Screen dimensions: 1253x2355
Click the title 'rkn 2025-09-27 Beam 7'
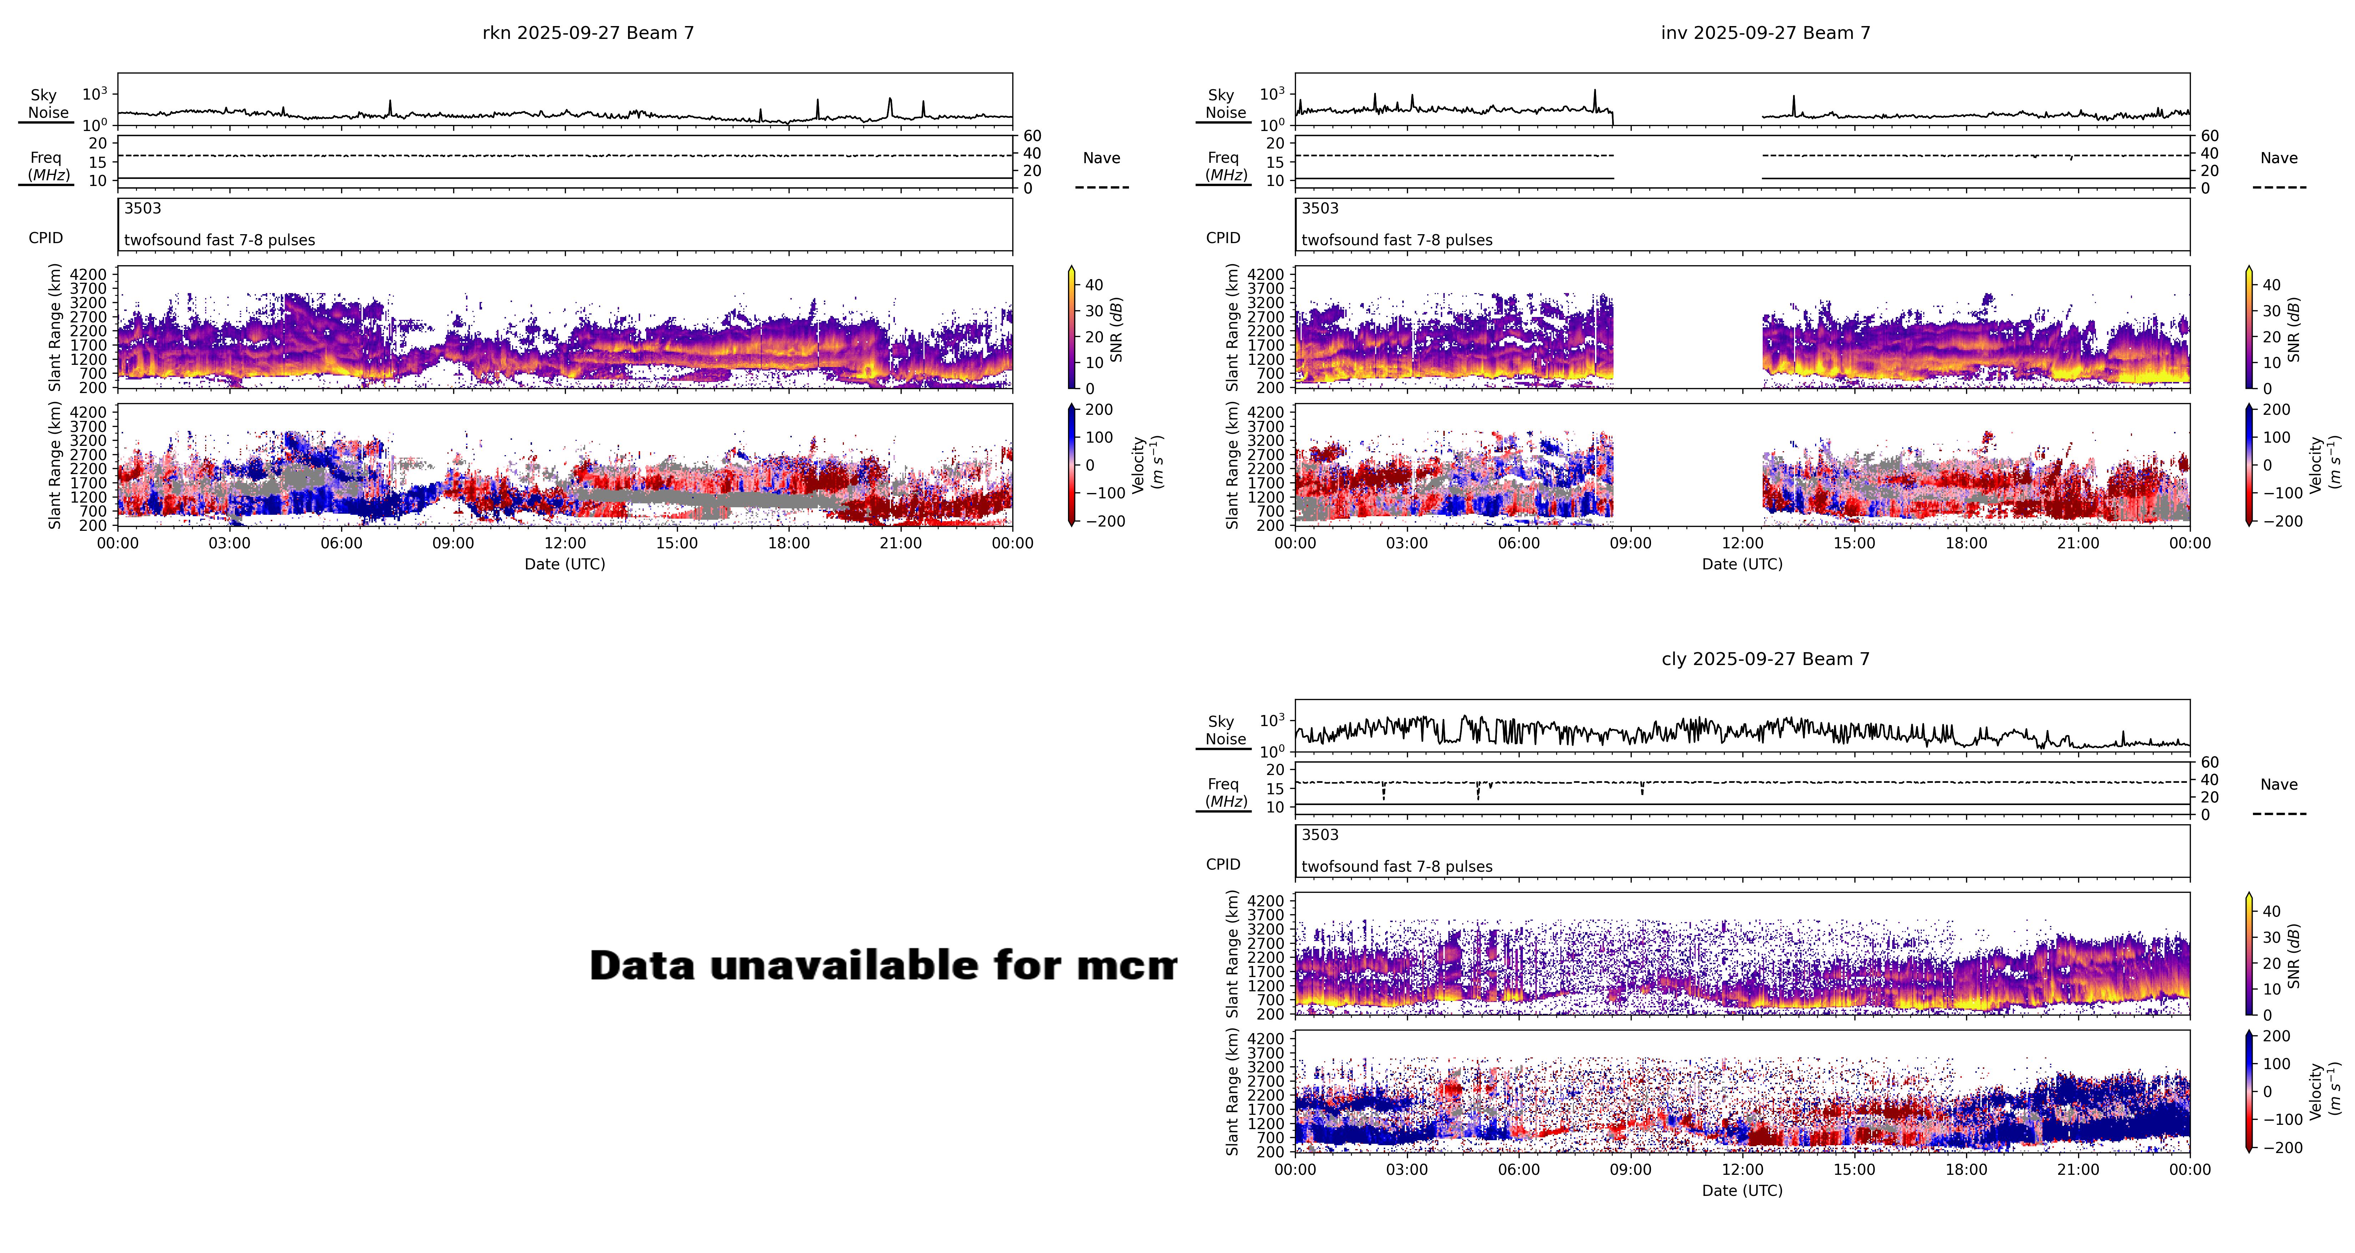[588, 33]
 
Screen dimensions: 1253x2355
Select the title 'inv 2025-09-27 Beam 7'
[1765, 33]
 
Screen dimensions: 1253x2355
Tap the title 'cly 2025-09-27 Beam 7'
[1765, 659]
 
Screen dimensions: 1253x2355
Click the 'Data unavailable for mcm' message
[882, 966]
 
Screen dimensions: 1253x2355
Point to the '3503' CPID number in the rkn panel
[143, 208]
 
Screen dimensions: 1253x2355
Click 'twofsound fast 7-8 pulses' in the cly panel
[1396, 866]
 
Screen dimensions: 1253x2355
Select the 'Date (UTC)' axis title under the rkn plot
[564, 564]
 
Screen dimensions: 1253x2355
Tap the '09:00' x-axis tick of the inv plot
[1630, 543]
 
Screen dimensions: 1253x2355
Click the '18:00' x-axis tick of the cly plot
[1966, 1170]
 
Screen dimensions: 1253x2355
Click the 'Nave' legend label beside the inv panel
[2278, 158]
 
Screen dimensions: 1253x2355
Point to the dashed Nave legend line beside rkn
[1101, 187]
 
